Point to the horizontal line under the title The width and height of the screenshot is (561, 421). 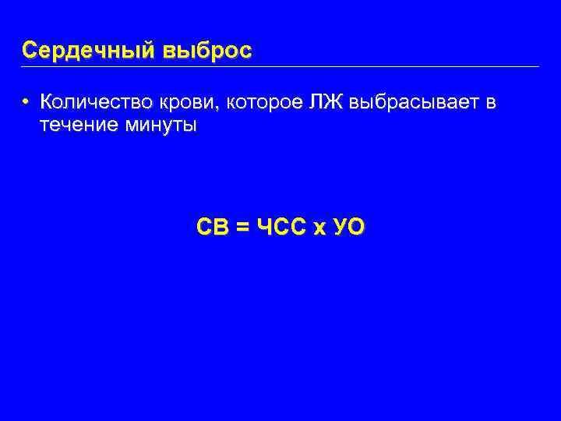pos(280,66)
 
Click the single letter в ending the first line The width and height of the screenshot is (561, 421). pos(491,103)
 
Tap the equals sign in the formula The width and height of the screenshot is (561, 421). pos(242,228)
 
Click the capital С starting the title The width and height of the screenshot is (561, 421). pos(30,51)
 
